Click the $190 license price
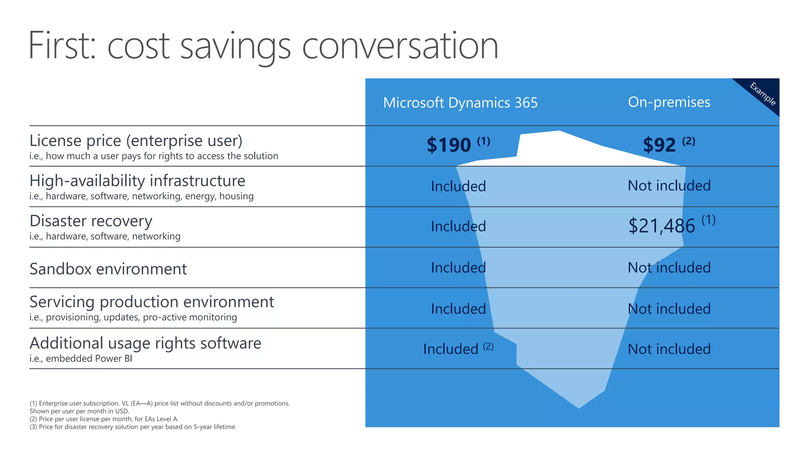pos(449,145)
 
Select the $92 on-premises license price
pos(659,145)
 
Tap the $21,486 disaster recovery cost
pos(662,226)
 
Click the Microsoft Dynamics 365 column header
pos(460,103)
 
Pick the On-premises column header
pos(669,102)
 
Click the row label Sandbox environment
pos(108,269)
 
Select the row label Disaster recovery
pos(91,221)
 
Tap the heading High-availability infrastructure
pos(137,181)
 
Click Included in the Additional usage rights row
pos(451,349)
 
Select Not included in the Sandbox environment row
pos(669,268)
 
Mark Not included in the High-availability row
pos(669,186)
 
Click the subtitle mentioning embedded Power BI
pos(81,359)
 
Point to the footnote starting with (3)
pos(132,427)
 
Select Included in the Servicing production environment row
pos(458,309)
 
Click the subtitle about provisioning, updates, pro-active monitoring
pos(133,317)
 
